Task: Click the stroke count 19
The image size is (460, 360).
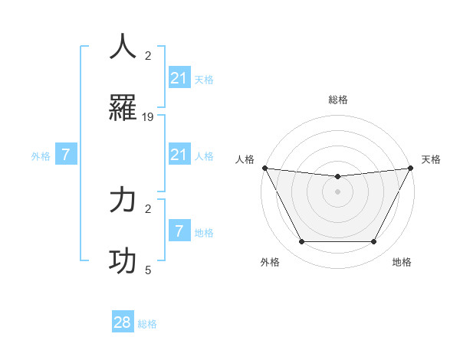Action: tap(148, 117)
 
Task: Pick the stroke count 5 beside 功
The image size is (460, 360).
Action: tap(148, 270)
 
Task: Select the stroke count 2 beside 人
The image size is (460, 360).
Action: tap(148, 55)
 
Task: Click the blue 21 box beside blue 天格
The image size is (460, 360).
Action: tap(179, 78)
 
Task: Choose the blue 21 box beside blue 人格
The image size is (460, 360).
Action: tap(179, 155)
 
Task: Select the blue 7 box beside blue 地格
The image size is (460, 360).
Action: tap(179, 231)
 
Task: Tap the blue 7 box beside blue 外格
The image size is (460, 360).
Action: tap(66, 155)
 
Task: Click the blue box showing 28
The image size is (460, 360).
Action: tap(123, 322)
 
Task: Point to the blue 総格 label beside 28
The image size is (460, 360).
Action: tap(147, 324)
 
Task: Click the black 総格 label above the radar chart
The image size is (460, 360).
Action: tap(337, 100)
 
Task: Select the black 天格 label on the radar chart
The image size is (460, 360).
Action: tap(432, 159)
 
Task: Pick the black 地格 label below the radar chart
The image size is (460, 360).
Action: tap(402, 263)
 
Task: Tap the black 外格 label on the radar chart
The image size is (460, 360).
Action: tap(270, 263)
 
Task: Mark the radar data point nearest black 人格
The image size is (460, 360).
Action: tap(265, 168)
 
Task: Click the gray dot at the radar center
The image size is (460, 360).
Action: tap(337, 191)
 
